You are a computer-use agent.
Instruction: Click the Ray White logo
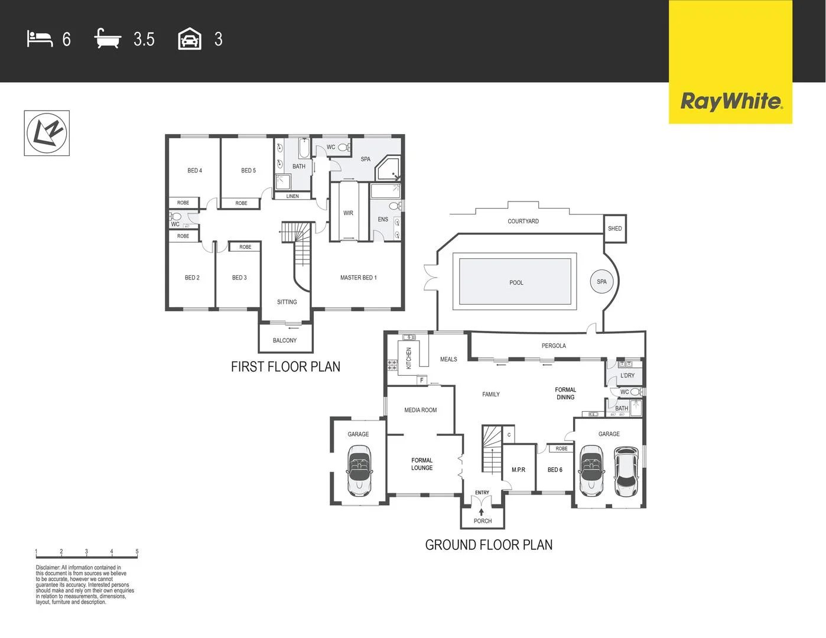(731, 101)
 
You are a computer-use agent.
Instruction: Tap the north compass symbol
(47, 133)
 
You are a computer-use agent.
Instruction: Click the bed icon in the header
(40, 39)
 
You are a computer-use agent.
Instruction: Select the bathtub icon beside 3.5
(108, 39)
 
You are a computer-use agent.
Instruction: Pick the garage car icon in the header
(190, 39)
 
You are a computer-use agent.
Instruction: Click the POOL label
(516, 283)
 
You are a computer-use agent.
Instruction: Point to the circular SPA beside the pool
(601, 282)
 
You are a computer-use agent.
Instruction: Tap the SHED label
(614, 229)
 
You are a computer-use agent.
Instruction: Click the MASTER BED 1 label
(358, 278)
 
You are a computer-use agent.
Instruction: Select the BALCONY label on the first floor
(285, 341)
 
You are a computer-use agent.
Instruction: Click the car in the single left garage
(358, 471)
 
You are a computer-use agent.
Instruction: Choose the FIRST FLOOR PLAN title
(285, 367)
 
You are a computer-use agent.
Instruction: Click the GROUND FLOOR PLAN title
(489, 545)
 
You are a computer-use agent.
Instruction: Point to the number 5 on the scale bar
(137, 552)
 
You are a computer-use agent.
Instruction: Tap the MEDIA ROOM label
(420, 410)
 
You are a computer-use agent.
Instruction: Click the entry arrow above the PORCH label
(482, 512)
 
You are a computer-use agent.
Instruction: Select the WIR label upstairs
(348, 213)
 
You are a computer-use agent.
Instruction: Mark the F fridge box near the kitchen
(422, 380)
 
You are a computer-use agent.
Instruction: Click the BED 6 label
(555, 470)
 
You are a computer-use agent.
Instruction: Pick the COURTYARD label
(523, 222)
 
